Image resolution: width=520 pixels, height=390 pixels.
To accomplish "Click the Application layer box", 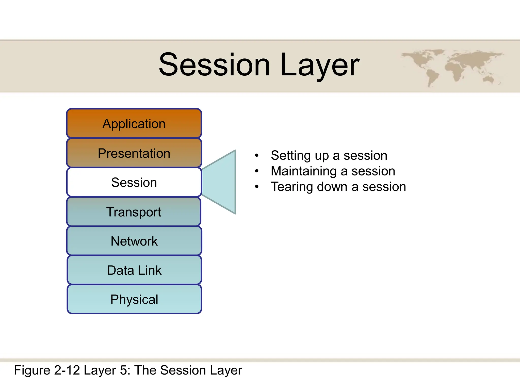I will [134, 124].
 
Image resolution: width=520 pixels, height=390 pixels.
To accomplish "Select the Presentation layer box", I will [134, 153].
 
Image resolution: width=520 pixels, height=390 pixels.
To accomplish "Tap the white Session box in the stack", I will [134, 182].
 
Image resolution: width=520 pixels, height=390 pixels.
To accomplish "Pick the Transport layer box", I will [134, 212].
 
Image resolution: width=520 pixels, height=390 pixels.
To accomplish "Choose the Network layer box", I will [134, 241].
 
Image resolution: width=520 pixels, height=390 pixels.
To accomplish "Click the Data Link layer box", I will [134, 270].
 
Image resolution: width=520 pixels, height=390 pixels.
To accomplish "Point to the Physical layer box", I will [134, 299].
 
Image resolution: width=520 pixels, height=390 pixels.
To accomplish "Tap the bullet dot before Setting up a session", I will [257, 155].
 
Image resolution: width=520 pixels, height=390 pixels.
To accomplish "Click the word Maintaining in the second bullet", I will [304, 171].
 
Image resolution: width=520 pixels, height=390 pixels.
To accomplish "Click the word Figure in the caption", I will [32, 370].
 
